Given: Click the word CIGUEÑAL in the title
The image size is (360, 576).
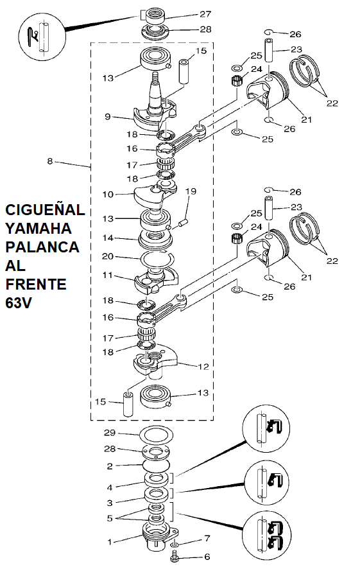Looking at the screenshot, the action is (45, 210).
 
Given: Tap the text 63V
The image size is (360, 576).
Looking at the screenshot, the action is (19, 302).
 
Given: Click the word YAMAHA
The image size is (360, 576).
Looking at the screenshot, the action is (38, 229).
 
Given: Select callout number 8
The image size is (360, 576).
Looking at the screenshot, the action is (50, 161).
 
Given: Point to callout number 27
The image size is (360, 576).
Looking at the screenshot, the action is (205, 14).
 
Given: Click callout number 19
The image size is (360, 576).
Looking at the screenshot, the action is (191, 191).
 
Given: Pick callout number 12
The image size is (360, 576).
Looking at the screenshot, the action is (203, 367).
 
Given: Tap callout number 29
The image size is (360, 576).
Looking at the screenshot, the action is (110, 433).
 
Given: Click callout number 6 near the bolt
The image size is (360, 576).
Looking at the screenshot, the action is (207, 557).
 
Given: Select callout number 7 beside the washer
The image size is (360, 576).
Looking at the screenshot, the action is (207, 539).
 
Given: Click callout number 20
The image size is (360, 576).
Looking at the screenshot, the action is (108, 256).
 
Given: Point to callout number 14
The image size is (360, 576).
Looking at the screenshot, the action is (108, 238).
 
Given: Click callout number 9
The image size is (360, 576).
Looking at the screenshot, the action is (108, 116).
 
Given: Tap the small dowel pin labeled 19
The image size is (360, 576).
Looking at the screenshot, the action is (182, 223).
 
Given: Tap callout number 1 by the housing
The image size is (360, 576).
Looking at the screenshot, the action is (109, 541).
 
